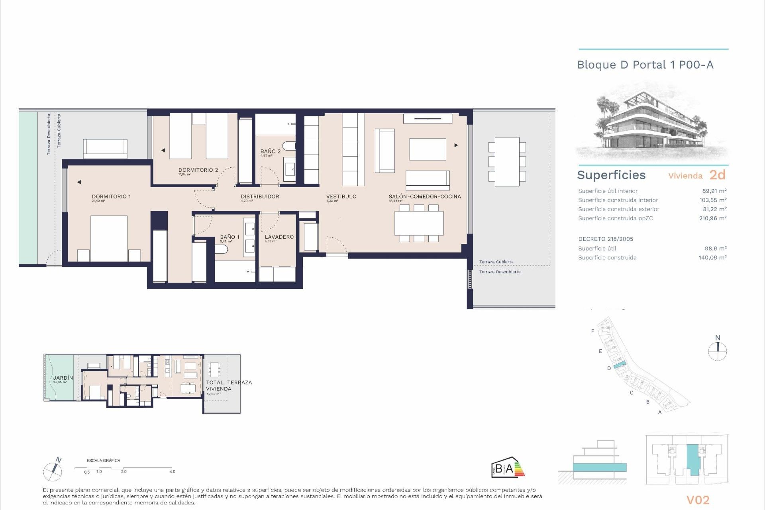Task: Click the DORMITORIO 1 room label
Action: pyautogui.click(x=111, y=196)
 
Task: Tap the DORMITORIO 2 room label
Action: pyautogui.click(x=198, y=170)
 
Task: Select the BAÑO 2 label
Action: pyautogui.click(x=271, y=151)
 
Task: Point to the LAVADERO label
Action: pyautogui.click(x=279, y=237)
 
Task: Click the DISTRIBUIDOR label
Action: pyautogui.click(x=260, y=196)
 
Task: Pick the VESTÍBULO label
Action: pyautogui.click(x=341, y=196)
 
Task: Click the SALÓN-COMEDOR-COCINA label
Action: pyautogui.click(x=425, y=196)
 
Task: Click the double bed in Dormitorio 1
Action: pyautogui.click(x=109, y=238)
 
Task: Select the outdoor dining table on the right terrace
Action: pyautogui.click(x=507, y=161)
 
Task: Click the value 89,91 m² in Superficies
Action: pyautogui.click(x=714, y=191)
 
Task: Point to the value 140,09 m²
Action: pyautogui.click(x=712, y=257)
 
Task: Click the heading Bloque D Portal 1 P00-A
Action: pyautogui.click(x=645, y=65)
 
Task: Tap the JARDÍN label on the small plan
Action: pyautogui.click(x=63, y=378)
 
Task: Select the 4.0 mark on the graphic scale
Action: pyautogui.click(x=172, y=471)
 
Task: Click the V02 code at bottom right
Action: pyautogui.click(x=698, y=500)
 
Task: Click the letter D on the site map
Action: pyautogui.click(x=609, y=368)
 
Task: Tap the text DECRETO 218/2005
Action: pyautogui.click(x=605, y=239)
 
